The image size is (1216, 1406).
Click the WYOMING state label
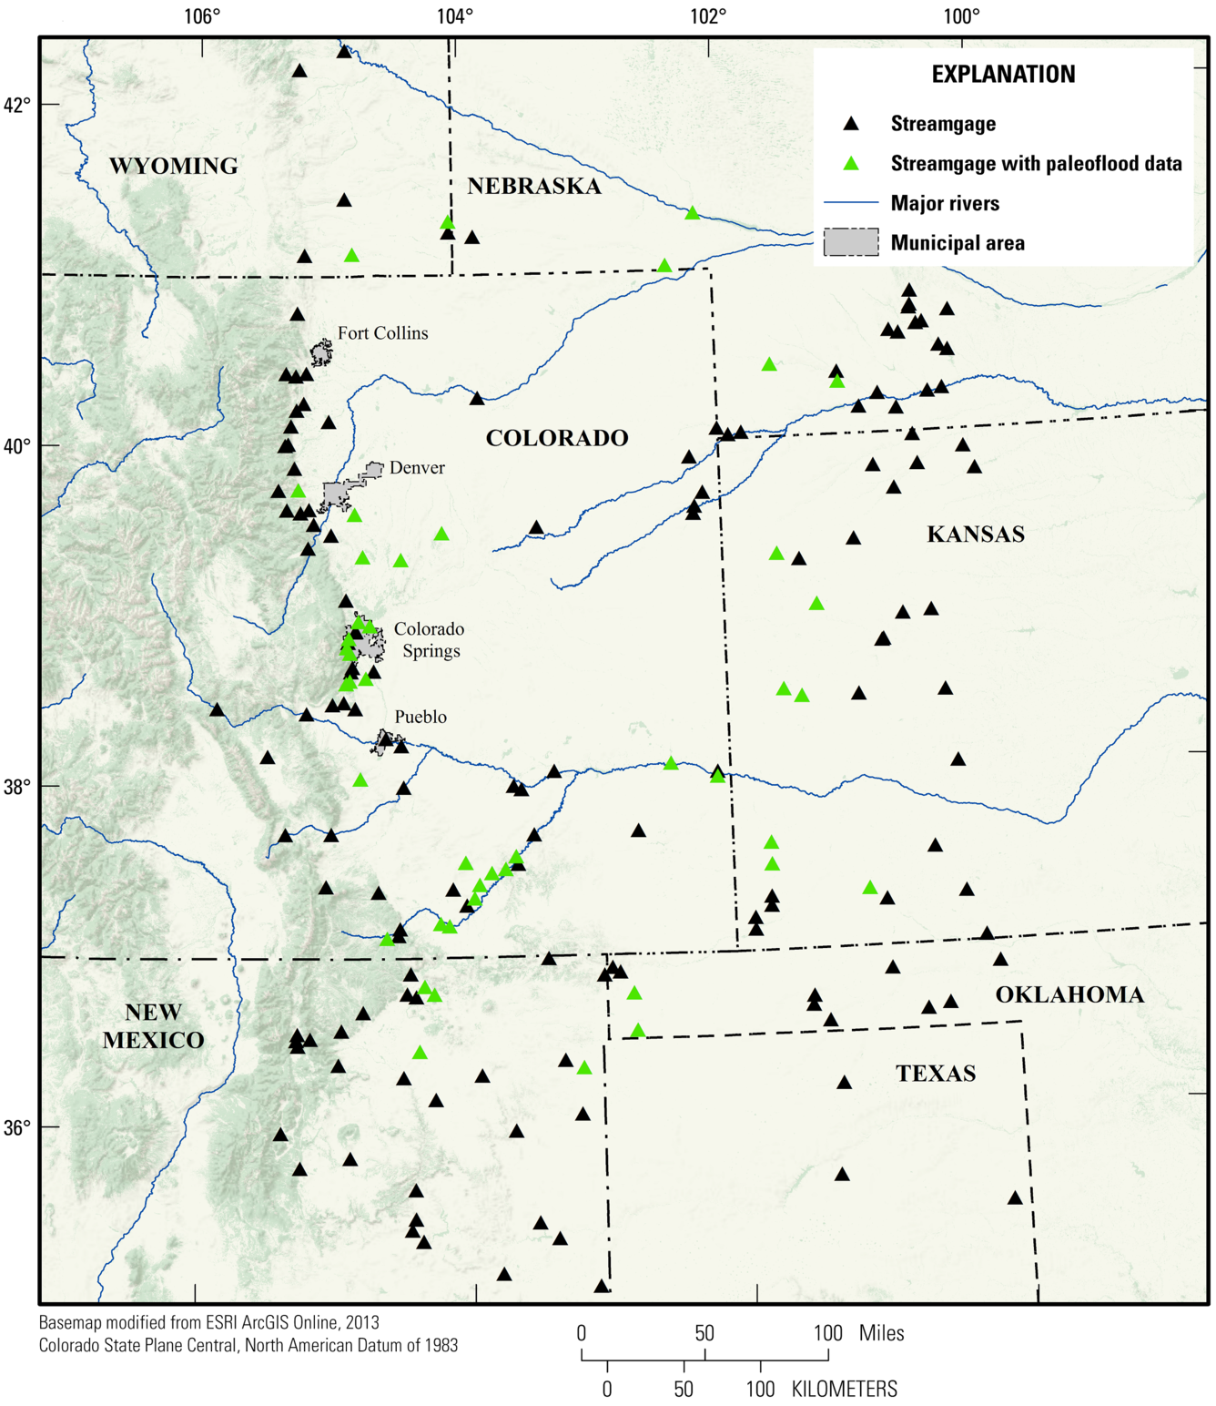(x=174, y=166)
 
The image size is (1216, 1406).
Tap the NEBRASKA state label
(x=534, y=186)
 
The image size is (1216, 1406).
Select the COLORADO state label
(x=557, y=438)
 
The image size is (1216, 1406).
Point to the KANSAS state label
(x=976, y=534)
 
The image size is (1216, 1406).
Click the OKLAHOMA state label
(x=1069, y=994)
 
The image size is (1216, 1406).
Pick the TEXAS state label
(x=936, y=1073)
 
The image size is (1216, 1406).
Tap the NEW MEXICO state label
(x=153, y=1026)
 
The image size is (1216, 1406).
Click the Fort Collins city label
(x=382, y=333)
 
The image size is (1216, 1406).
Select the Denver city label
(x=417, y=468)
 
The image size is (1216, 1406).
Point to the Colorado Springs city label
(x=430, y=639)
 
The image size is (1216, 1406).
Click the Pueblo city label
(x=421, y=717)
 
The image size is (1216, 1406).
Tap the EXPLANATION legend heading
(x=1003, y=75)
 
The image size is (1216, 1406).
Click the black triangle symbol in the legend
(x=851, y=124)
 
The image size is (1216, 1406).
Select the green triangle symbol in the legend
(x=851, y=164)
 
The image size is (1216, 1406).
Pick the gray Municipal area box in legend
(x=851, y=242)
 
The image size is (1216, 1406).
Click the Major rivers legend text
(x=945, y=203)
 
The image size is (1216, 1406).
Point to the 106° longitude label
(x=202, y=16)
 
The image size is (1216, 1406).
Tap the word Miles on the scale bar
(x=881, y=1333)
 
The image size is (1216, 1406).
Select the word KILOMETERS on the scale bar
(x=844, y=1389)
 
